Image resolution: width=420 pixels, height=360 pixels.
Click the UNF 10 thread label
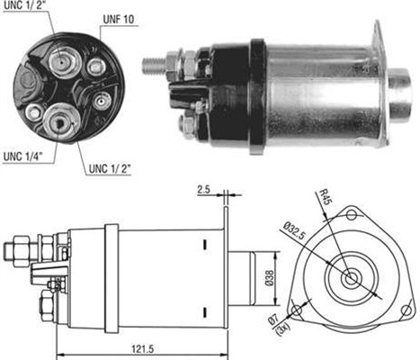118,20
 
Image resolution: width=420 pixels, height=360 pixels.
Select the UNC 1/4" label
23,157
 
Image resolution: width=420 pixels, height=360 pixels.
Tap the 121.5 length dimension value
142,349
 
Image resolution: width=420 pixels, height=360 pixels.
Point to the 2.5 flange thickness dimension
204,190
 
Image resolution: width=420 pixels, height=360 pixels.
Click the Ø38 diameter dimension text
270,278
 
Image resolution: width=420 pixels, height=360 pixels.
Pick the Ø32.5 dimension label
294,230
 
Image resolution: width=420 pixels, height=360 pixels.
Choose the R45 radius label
325,197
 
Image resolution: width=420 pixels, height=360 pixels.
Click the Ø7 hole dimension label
274,319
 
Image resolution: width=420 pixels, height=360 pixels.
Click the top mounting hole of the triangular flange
351,215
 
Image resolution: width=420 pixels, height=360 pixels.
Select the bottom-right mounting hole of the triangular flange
406,310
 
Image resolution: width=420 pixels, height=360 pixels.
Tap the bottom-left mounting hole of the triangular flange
296,310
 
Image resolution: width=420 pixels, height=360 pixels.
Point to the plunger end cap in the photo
399,94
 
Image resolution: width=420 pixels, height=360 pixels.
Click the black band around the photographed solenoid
258,96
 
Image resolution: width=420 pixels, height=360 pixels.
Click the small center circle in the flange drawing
350,279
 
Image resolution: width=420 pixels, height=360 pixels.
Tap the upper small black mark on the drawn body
205,244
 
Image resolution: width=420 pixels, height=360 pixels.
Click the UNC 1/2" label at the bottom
110,169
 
